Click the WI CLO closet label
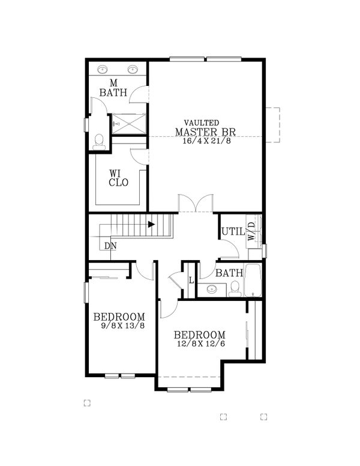coord(118,178)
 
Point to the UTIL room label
coord(232,231)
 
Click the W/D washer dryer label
coord(251,231)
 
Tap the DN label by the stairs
coord(110,246)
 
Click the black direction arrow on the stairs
coord(151,225)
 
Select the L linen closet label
coord(191,280)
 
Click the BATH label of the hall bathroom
coord(229,273)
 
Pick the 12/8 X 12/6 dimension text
coord(200,345)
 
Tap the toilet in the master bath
coord(99,141)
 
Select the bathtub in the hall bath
coord(253,280)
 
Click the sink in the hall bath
coord(212,289)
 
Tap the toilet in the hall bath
coord(235,288)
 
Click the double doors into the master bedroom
coord(196,204)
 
